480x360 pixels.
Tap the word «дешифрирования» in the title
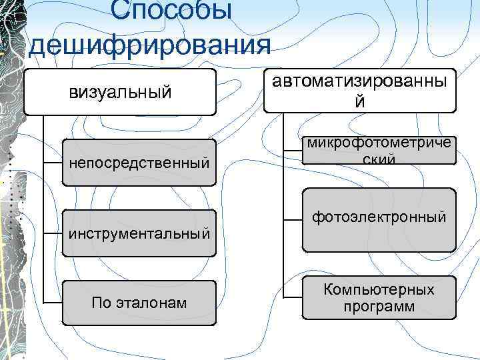point(151,45)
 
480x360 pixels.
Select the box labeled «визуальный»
point(120,91)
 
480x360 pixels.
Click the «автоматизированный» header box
point(360,90)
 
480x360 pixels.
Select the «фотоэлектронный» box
point(379,218)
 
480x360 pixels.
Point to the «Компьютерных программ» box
point(379,298)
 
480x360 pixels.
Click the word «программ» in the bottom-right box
point(379,307)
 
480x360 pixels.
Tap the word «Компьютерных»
point(379,289)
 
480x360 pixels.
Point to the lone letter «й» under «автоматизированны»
point(360,103)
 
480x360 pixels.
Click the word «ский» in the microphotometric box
point(380,160)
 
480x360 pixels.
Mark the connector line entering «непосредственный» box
point(52,163)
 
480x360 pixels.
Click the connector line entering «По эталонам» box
point(52,304)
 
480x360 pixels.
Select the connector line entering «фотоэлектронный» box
point(293,219)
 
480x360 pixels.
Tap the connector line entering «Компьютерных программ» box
point(293,298)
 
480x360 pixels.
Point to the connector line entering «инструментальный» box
point(52,233)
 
